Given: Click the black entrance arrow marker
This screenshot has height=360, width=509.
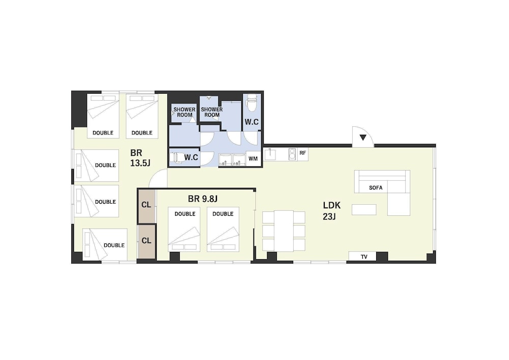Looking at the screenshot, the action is click(x=363, y=137).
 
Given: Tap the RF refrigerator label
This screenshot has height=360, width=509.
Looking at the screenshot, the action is click(x=302, y=153).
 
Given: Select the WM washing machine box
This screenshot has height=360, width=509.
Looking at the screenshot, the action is click(x=253, y=159).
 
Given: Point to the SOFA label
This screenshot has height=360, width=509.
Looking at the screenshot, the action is click(x=376, y=187).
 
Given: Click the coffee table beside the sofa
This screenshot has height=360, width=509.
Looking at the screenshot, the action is click(x=364, y=210).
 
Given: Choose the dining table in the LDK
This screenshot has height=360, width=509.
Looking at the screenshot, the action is click(x=284, y=231).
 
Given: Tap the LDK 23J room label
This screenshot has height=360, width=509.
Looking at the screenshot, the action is click(x=331, y=211).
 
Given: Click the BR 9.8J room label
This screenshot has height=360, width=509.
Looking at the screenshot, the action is click(x=203, y=199).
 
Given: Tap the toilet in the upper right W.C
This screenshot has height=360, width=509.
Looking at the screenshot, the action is click(x=252, y=102).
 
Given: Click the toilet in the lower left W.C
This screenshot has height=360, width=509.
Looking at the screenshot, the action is click(x=177, y=157).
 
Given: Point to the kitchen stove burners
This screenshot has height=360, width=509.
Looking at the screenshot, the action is click(x=292, y=154).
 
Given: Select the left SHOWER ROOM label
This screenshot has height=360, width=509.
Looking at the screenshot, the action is click(x=184, y=113).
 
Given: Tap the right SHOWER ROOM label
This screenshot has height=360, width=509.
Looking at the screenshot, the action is click(x=212, y=113).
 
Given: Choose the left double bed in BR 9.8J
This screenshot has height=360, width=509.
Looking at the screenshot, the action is click(x=184, y=229).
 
